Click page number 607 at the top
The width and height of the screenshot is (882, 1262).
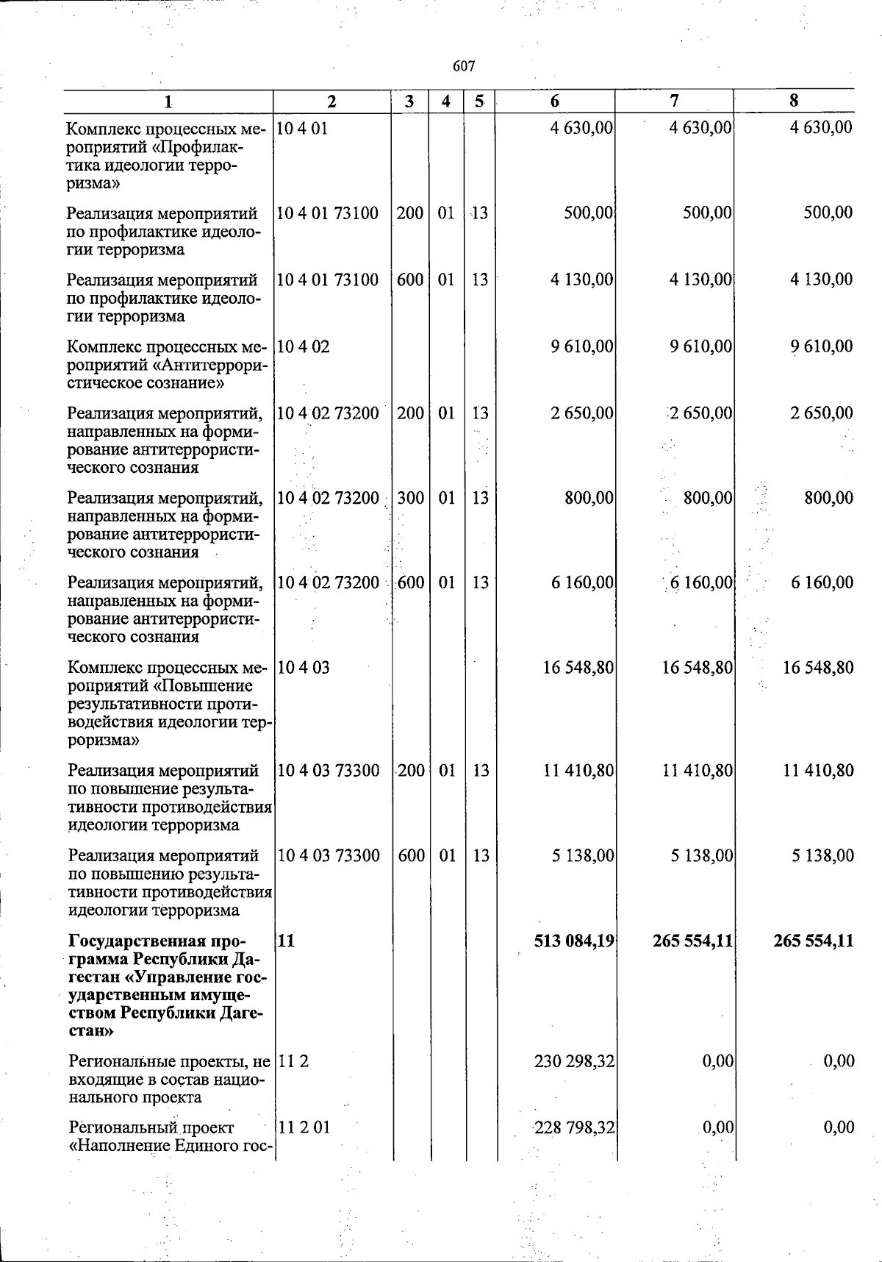pyautogui.click(x=464, y=66)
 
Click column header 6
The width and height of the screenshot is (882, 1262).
pyautogui.click(x=554, y=101)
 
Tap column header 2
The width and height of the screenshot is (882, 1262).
pyautogui.click(x=331, y=101)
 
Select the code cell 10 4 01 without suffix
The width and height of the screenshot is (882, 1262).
pyautogui.click(x=303, y=128)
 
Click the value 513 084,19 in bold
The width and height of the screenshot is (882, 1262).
pyautogui.click(x=574, y=941)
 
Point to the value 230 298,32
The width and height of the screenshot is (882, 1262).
pyautogui.click(x=575, y=1061)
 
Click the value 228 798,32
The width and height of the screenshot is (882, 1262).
pyautogui.click(x=575, y=1127)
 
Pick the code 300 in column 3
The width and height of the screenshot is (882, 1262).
pyautogui.click(x=410, y=498)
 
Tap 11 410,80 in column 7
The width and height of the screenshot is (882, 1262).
pyautogui.click(x=697, y=771)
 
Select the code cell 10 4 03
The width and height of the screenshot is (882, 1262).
pyautogui.click(x=304, y=668)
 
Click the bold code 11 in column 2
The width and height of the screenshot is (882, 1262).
pyautogui.click(x=286, y=941)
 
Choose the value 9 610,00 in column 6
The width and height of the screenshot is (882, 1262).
pyautogui.click(x=582, y=346)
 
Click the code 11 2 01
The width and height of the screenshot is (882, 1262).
pyautogui.click(x=304, y=1127)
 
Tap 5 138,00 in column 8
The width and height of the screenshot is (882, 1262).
pyautogui.click(x=822, y=856)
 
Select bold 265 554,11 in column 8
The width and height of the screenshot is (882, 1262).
pyautogui.click(x=814, y=941)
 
